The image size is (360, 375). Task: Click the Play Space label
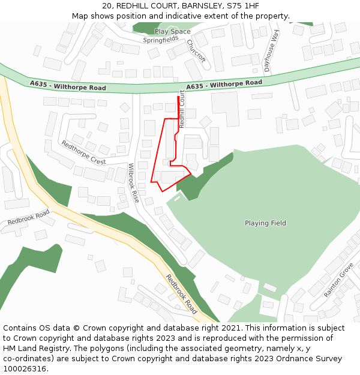coord(172,31)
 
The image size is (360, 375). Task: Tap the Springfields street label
coord(161,40)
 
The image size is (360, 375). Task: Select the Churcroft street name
coord(196,51)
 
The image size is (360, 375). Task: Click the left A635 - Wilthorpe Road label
coord(68,87)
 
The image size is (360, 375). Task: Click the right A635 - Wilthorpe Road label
coord(224,85)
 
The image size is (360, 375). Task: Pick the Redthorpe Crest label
coord(83,152)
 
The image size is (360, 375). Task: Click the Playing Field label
coord(265,223)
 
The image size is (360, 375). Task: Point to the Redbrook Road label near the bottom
coord(181,294)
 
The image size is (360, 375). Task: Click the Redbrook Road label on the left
coord(28,218)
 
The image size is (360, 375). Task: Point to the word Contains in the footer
coord(20,328)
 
